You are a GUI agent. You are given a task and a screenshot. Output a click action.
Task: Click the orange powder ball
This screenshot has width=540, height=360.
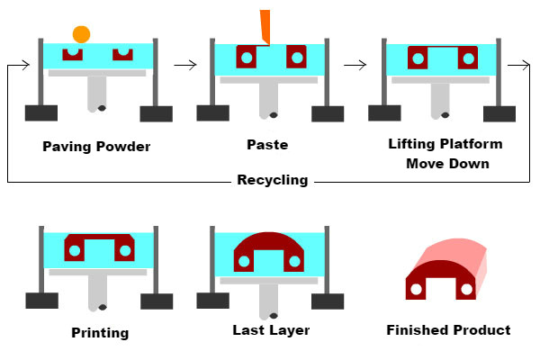(x=81, y=34)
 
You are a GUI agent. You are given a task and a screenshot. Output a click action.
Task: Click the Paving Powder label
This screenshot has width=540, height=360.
(x=96, y=147)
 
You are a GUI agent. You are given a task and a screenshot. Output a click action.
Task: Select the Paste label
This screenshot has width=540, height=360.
(x=266, y=144)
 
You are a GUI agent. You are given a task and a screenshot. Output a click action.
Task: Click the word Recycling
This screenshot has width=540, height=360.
(x=272, y=180)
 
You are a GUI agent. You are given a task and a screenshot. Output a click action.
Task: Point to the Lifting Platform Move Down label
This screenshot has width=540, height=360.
(x=445, y=153)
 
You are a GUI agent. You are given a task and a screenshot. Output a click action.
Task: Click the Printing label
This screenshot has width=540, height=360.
(x=100, y=332)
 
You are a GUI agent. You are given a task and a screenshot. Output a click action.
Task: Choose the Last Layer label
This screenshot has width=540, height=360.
(x=271, y=330)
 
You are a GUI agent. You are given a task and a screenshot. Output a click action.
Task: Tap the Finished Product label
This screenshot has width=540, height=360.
(x=448, y=330)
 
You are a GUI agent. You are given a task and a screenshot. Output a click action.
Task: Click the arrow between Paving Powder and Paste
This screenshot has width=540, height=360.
(x=184, y=65)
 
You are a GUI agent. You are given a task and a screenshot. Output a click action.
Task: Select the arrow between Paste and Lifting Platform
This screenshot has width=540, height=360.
(x=355, y=65)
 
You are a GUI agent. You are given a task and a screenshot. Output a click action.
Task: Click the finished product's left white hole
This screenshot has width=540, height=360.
(x=417, y=290)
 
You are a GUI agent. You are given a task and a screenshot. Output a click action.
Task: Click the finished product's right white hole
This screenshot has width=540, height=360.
(x=466, y=290)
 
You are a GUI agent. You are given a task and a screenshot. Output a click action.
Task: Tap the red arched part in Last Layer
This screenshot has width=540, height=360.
(x=268, y=243)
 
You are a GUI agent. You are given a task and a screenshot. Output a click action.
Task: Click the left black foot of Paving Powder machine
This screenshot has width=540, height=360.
(x=40, y=112)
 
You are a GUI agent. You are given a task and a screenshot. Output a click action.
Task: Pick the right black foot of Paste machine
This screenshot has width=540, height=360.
(x=327, y=113)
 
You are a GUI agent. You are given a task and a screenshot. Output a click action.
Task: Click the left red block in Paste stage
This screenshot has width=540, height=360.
(x=246, y=58)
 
